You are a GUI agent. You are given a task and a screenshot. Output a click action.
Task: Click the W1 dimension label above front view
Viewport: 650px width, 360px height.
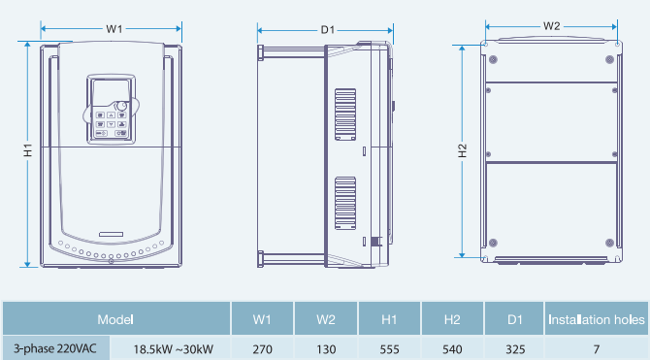pyautogui.click(x=114, y=29)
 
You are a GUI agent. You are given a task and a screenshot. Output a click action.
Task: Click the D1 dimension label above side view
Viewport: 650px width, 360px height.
pyautogui.click(x=328, y=30)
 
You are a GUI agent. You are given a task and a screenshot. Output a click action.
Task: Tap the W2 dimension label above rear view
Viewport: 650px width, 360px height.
pyautogui.click(x=551, y=26)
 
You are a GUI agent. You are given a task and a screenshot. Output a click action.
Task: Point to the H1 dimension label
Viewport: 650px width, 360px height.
pyautogui.click(x=28, y=150)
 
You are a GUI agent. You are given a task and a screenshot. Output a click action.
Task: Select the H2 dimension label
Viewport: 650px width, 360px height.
pyautogui.click(x=463, y=151)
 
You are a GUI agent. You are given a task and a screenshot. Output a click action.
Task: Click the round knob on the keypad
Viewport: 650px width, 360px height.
pyautogui.click(x=120, y=106)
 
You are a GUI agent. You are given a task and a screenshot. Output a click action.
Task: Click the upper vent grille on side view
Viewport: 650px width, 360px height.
pyautogui.click(x=345, y=115)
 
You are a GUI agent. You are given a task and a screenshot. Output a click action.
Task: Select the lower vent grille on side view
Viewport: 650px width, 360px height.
pyautogui.click(x=345, y=203)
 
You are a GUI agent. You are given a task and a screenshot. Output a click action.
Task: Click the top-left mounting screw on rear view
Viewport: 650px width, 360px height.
pyautogui.click(x=493, y=60)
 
